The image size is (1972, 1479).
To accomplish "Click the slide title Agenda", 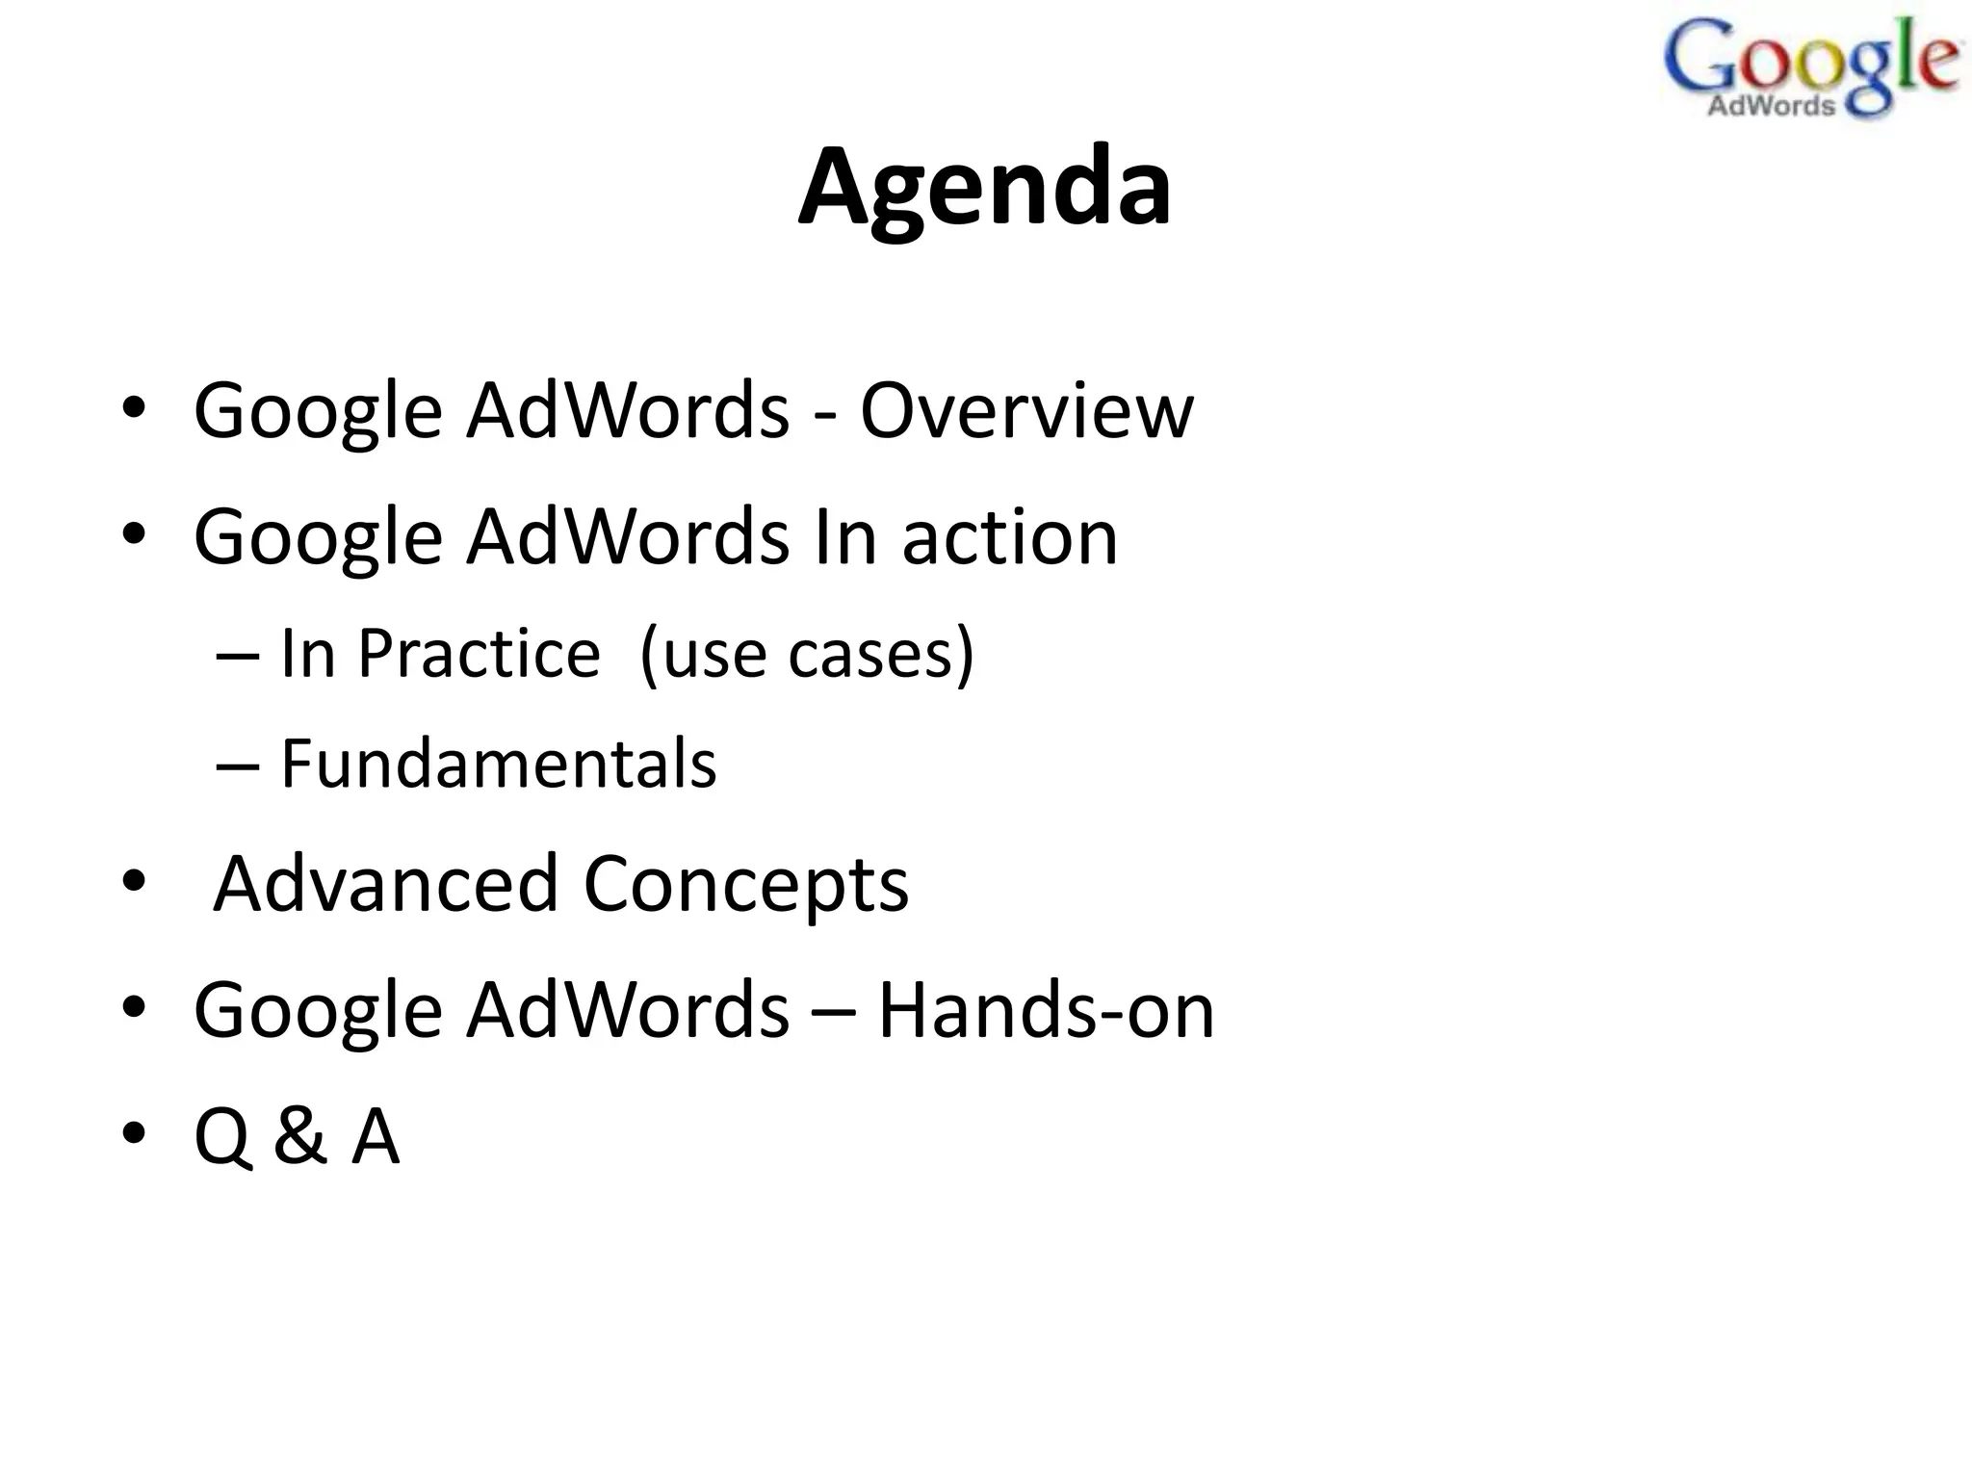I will click(x=984, y=187).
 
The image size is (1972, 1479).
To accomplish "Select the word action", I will click(x=1010, y=537).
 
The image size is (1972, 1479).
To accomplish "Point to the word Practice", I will click(x=479, y=654).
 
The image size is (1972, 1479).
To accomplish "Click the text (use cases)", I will click(x=806, y=654).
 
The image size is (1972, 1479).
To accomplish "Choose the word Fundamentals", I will click(x=498, y=764).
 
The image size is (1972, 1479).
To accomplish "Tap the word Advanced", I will click(x=385, y=883).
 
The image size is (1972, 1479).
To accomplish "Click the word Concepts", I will click(x=745, y=885).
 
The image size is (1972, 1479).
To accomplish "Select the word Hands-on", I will click(x=1046, y=1010).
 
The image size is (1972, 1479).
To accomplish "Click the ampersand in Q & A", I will click(x=299, y=1136).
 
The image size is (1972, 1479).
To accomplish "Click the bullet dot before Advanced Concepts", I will click(x=134, y=880).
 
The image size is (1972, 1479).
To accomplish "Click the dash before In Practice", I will click(x=237, y=655).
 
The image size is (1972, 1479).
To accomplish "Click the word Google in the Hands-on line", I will click(x=318, y=1012).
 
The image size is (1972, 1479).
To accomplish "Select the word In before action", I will click(x=844, y=537).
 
